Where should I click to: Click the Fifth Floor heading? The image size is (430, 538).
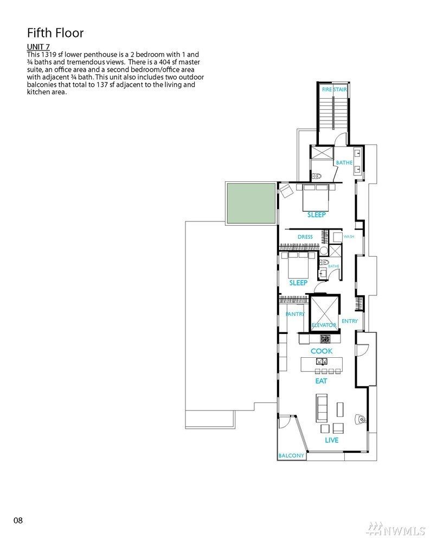55,33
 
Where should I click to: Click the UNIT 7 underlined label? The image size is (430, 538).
38,47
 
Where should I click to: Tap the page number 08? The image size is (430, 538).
18,521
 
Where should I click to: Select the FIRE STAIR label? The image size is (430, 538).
334,89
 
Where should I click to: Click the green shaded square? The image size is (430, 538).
251,203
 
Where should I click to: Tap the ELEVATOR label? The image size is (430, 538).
324,325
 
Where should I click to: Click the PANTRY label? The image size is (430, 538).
295,314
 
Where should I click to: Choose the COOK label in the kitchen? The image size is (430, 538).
322,351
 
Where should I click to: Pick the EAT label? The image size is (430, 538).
321,381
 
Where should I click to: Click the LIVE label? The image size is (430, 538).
332,440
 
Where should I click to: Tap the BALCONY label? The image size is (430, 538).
291,455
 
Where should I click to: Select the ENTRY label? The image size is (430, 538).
350,321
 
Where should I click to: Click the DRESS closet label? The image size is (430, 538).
305,237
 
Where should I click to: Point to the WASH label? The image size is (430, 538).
349,236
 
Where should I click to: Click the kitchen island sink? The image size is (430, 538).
322,362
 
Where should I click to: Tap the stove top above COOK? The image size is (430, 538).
325,339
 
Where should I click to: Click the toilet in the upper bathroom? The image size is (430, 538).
316,176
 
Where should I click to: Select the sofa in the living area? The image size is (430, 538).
322,408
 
